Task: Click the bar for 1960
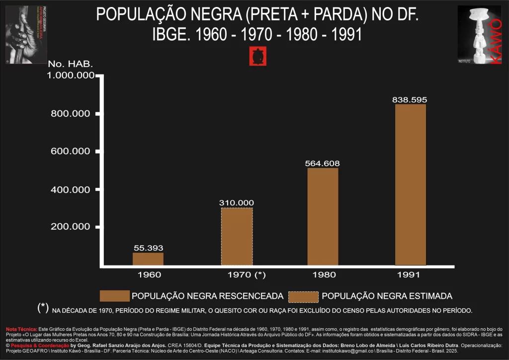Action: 148,259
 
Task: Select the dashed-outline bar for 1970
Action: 237,237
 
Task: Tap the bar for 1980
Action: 323,217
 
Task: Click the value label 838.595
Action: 409,99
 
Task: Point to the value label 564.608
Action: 323,163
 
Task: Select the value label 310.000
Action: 237,202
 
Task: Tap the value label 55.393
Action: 148,248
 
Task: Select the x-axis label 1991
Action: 409,274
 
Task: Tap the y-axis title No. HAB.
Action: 70,64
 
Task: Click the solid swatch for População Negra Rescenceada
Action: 114,296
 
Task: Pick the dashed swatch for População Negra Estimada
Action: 303,296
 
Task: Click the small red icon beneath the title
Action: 257,56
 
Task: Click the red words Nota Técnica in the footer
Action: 21,329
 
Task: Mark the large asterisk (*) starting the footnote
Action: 43,308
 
